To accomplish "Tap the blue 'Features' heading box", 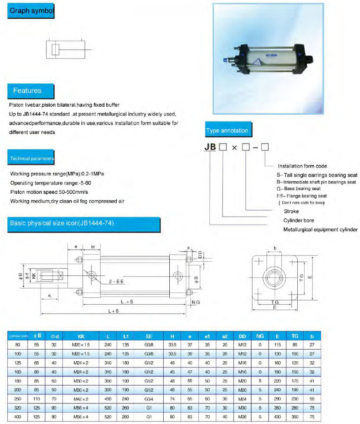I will pos(27,91).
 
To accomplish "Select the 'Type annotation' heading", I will pos(227,130).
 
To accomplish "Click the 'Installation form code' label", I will pos(302,166).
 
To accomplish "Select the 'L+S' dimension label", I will pos(114,312).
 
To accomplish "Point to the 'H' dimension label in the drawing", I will pos(93,247).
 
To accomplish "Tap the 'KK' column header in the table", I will pos(81,336).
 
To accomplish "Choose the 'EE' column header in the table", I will pos(149,336).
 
